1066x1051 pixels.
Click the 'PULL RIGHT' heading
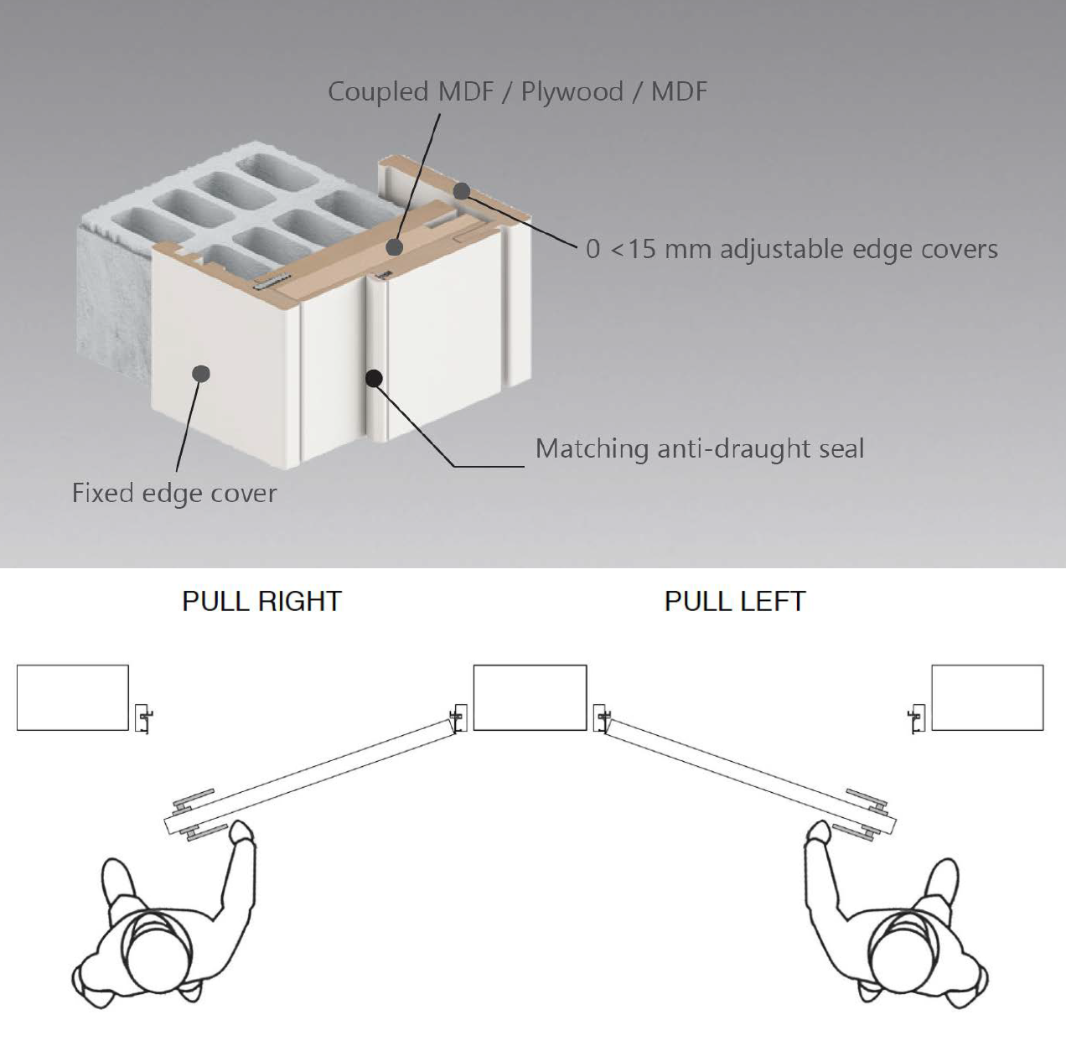click(261, 601)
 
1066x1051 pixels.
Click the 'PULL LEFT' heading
click(734, 601)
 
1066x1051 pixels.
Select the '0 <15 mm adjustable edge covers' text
click(791, 249)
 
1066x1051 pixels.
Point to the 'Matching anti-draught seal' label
click(699, 448)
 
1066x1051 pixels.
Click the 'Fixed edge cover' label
click(174, 492)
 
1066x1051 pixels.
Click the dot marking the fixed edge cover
click(200, 373)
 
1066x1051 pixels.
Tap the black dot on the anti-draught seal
click(375, 379)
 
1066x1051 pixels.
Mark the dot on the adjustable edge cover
click(462, 190)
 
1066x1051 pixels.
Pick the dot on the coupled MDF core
click(393, 246)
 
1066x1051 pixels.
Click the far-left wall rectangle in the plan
click(73, 697)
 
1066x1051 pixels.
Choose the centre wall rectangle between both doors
click(530, 697)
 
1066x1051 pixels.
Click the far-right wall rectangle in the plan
click(987, 697)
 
